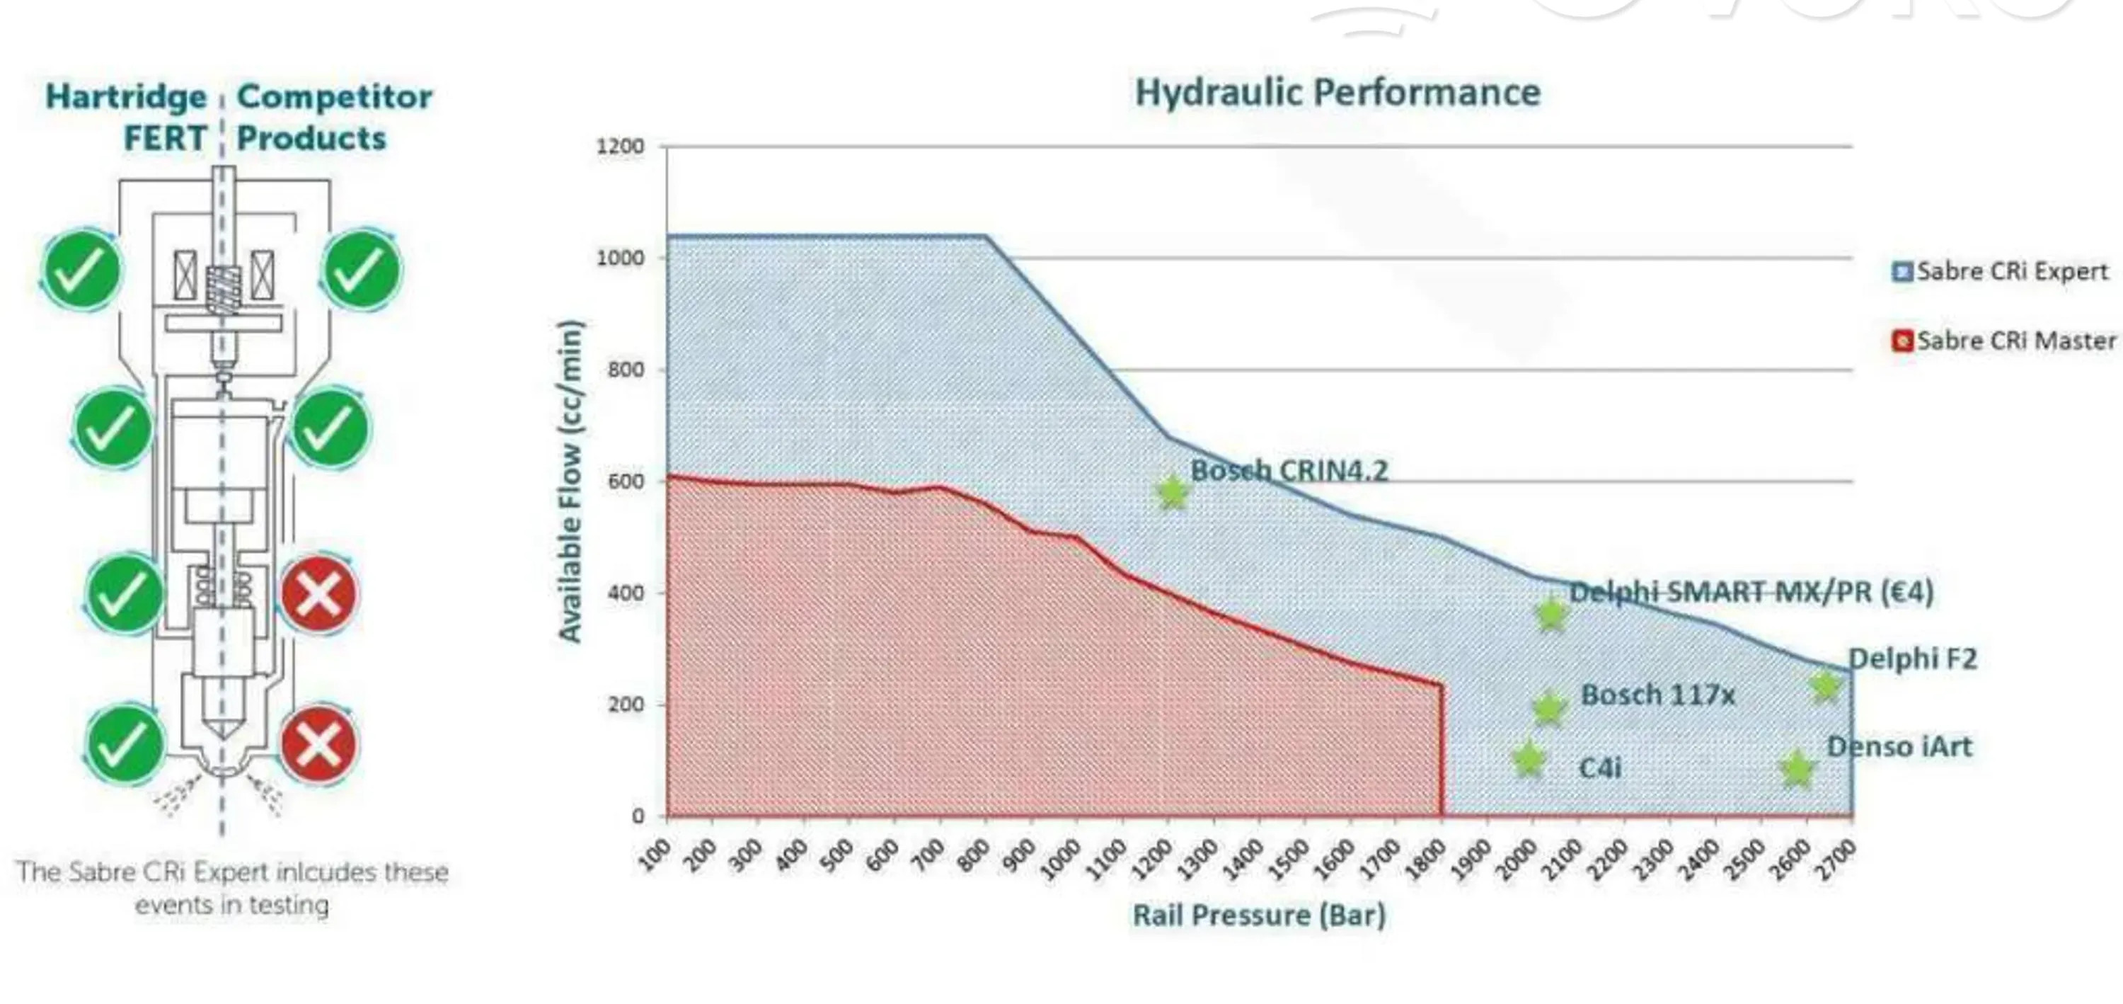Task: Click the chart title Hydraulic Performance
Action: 1337,92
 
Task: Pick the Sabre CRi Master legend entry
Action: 2003,341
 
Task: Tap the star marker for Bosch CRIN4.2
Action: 1172,492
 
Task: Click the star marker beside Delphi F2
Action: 1826,686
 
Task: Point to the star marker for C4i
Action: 1529,759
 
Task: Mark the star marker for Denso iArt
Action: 1797,769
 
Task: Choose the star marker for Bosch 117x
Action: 1548,708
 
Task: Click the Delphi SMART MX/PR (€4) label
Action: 1751,592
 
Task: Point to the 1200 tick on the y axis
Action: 620,147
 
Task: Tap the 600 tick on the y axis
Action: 626,481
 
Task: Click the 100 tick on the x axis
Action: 655,857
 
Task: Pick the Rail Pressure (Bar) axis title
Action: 1258,915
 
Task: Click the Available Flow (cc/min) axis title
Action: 570,481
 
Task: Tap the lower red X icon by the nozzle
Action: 319,744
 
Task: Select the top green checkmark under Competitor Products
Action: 362,270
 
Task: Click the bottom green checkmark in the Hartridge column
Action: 125,744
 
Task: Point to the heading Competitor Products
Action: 334,117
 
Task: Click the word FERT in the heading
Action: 164,139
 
